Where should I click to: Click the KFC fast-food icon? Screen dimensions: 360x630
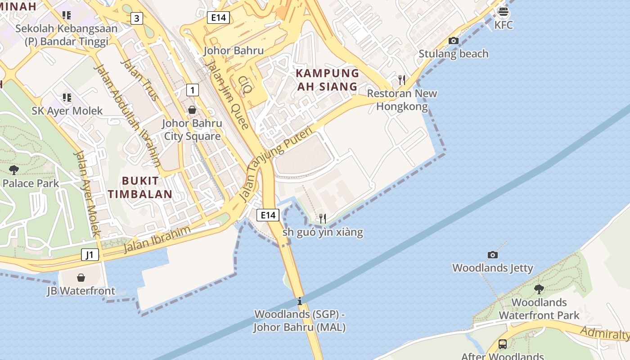point(503,11)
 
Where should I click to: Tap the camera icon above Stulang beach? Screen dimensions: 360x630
point(453,41)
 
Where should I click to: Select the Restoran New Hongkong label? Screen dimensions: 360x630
point(402,100)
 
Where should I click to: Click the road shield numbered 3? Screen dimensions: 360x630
point(137,18)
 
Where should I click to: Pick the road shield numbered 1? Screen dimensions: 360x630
point(193,90)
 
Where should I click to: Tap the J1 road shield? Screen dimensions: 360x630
point(90,255)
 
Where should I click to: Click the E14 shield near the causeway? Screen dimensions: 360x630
point(268,215)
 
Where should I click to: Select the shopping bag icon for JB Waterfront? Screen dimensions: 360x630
point(81,278)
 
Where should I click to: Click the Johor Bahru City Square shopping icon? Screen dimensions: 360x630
point(192,110)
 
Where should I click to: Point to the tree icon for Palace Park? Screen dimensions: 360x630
point(13,170)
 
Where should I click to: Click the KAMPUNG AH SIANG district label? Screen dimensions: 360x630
point(327,80)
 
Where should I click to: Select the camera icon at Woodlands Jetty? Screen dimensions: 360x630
point(493,255)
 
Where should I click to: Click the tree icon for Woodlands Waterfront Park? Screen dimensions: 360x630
point(539,289)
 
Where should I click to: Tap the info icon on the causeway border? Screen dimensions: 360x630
point(299,301)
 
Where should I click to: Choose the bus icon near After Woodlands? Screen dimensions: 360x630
point(503,344)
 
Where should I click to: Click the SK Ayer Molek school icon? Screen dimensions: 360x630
point(67,98)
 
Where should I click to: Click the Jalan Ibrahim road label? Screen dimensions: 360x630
point(157,239)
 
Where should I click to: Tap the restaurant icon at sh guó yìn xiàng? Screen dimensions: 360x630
point(322,219)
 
